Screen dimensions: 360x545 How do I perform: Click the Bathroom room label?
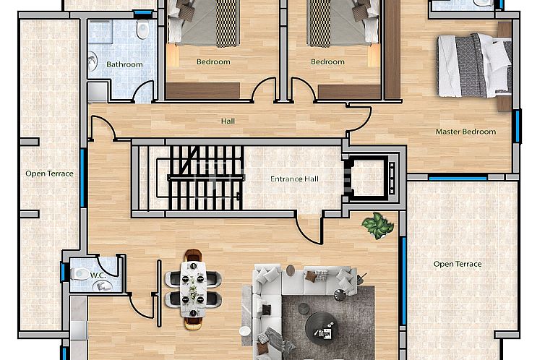tap(124, 64)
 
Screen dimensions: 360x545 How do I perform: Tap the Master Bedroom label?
tap(465, 132)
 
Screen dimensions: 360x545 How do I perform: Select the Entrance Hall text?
tap(294, 179)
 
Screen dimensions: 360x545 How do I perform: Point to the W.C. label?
tap(98, 275)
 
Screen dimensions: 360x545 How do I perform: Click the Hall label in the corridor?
tap(228, 121)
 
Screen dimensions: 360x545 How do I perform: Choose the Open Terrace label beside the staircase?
tap(49, 173)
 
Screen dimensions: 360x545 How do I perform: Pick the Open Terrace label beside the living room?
tap(457, 264)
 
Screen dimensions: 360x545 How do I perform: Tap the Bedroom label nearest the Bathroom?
tap(213, 62)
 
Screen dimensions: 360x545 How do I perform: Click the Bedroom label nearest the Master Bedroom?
tap(327, 62)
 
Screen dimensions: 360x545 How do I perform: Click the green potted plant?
tap(377, 225)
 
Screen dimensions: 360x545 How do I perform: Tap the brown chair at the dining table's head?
tap(193, 257)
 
